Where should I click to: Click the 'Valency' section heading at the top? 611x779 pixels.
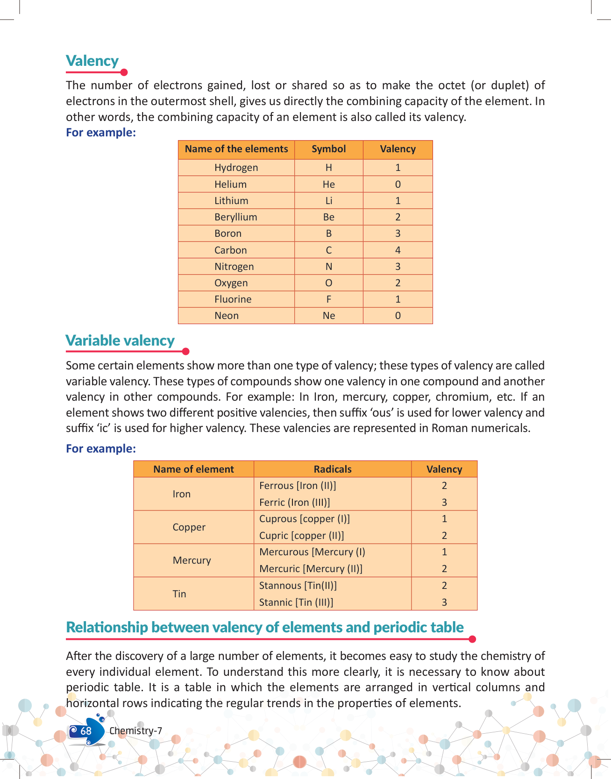coord(92,61)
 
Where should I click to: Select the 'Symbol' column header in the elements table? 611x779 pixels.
coord(328,149)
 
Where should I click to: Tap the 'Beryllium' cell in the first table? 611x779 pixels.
coord(235,217)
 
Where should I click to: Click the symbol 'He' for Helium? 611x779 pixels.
coord(328,184)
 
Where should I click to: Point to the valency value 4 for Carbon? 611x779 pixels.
coord(398,250)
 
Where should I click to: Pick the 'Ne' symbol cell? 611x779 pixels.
coord(328,316)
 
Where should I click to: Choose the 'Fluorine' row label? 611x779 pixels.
coord(233,299)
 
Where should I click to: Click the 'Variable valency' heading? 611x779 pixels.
coord(120,340)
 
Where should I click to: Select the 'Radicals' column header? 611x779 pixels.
coord(332,469)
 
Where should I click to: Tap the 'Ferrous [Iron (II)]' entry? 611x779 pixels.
coord(298,486)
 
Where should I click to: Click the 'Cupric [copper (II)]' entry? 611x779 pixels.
coord(301,536)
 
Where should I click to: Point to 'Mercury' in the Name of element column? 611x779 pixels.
coord(192,560)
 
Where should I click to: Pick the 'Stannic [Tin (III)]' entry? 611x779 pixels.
coord(296,602)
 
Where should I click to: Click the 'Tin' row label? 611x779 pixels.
coord(179,594)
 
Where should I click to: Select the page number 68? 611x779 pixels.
coord(86,731)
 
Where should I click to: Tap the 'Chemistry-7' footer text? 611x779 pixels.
coord(135,731)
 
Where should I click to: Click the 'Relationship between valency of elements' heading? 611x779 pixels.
coord(265,627)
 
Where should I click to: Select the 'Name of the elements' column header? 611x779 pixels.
coord(236,149)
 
